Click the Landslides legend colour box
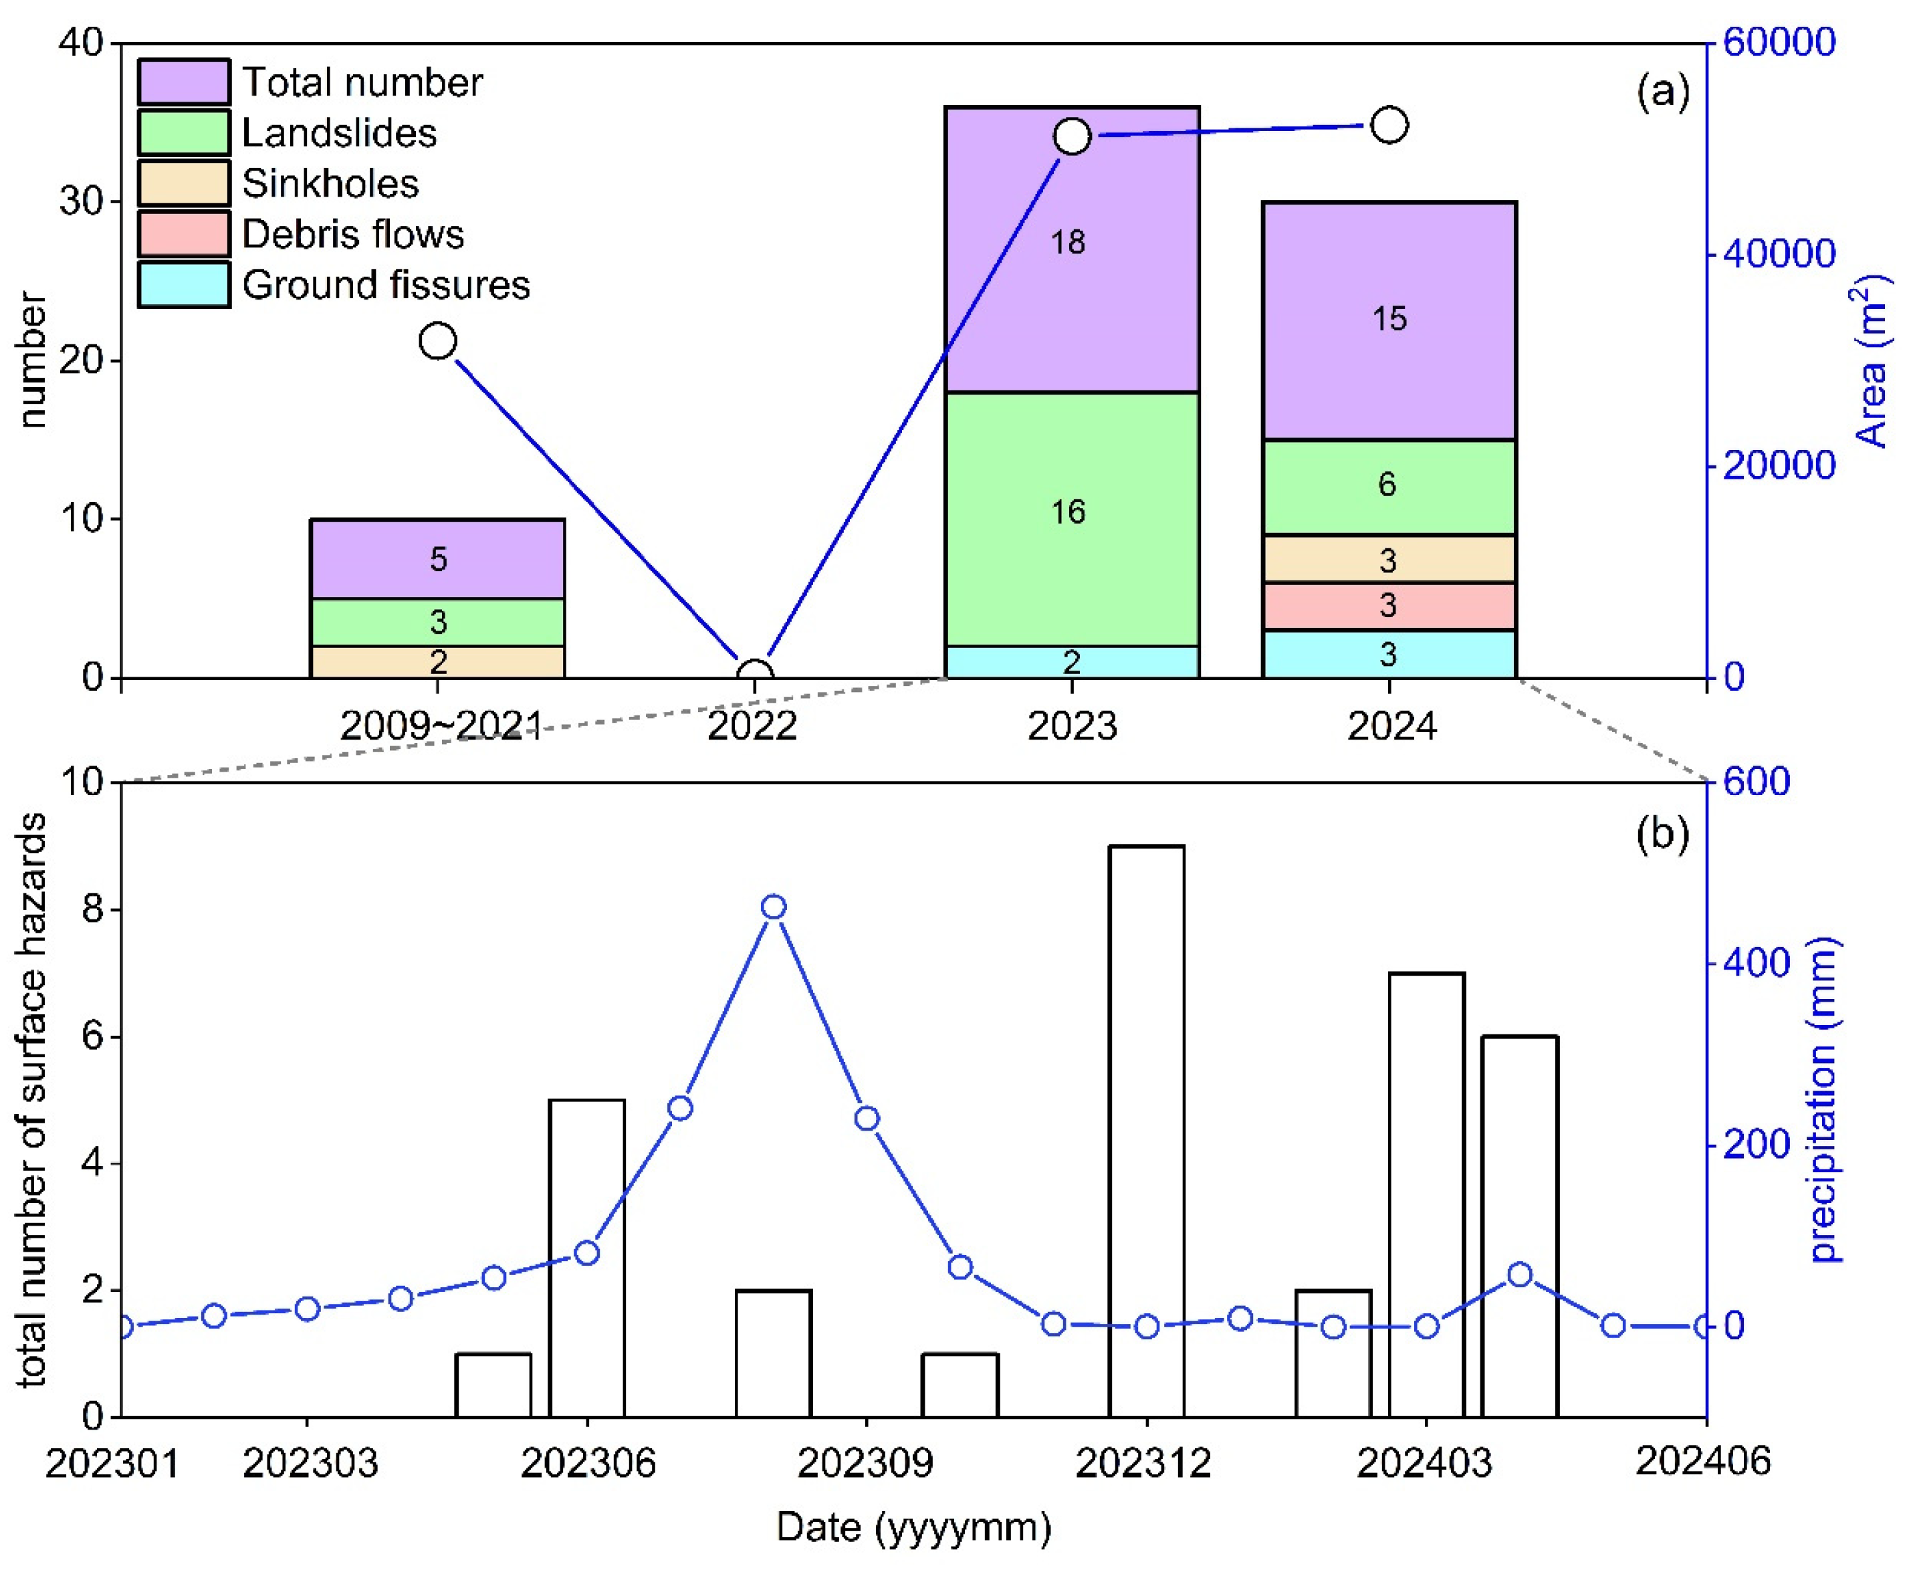click(x=183, y=133)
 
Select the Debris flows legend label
click(x=352, y=235)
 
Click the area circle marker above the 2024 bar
click(x=1389, y=124)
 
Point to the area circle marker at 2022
click(x=754, y=676)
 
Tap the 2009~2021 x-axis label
click(x=441, y=726)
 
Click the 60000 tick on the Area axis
click(x=1778, y=42)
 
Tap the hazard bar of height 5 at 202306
click(x=587, y=1256)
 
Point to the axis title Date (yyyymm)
click(x=913, y=1527)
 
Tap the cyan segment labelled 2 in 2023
click(x=1071, y=662)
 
